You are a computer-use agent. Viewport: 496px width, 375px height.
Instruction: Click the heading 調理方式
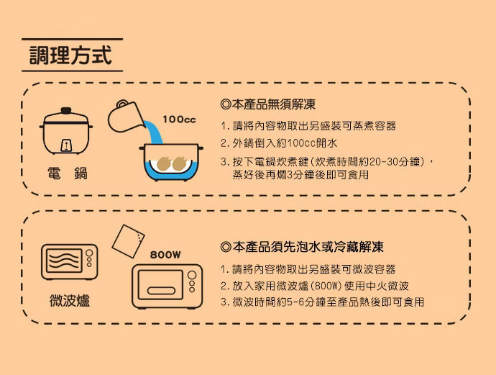70,55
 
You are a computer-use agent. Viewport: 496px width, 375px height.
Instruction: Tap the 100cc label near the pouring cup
179,119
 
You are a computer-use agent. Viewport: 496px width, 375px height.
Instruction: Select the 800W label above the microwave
165,255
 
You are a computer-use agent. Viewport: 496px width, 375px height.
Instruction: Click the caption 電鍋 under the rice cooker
68,173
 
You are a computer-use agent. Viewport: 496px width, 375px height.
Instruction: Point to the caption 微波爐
70,300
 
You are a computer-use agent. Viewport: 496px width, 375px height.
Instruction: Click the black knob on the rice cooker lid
66,111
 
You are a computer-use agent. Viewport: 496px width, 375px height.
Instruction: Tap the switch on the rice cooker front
66,145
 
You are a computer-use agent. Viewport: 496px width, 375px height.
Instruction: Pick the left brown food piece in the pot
164,163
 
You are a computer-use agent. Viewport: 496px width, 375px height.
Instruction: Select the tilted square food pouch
128,240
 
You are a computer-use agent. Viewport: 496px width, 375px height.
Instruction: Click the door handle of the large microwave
161,291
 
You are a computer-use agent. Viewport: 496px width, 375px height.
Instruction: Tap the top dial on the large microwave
192,275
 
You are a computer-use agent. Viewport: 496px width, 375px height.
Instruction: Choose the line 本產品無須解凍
268,104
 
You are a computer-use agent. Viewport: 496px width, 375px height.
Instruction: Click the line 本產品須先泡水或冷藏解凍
302,247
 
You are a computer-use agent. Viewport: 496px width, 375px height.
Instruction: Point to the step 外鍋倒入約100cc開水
279,143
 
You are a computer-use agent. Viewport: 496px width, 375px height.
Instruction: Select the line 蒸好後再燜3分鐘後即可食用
300,174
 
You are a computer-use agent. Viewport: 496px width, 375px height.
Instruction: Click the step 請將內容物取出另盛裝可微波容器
308,269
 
